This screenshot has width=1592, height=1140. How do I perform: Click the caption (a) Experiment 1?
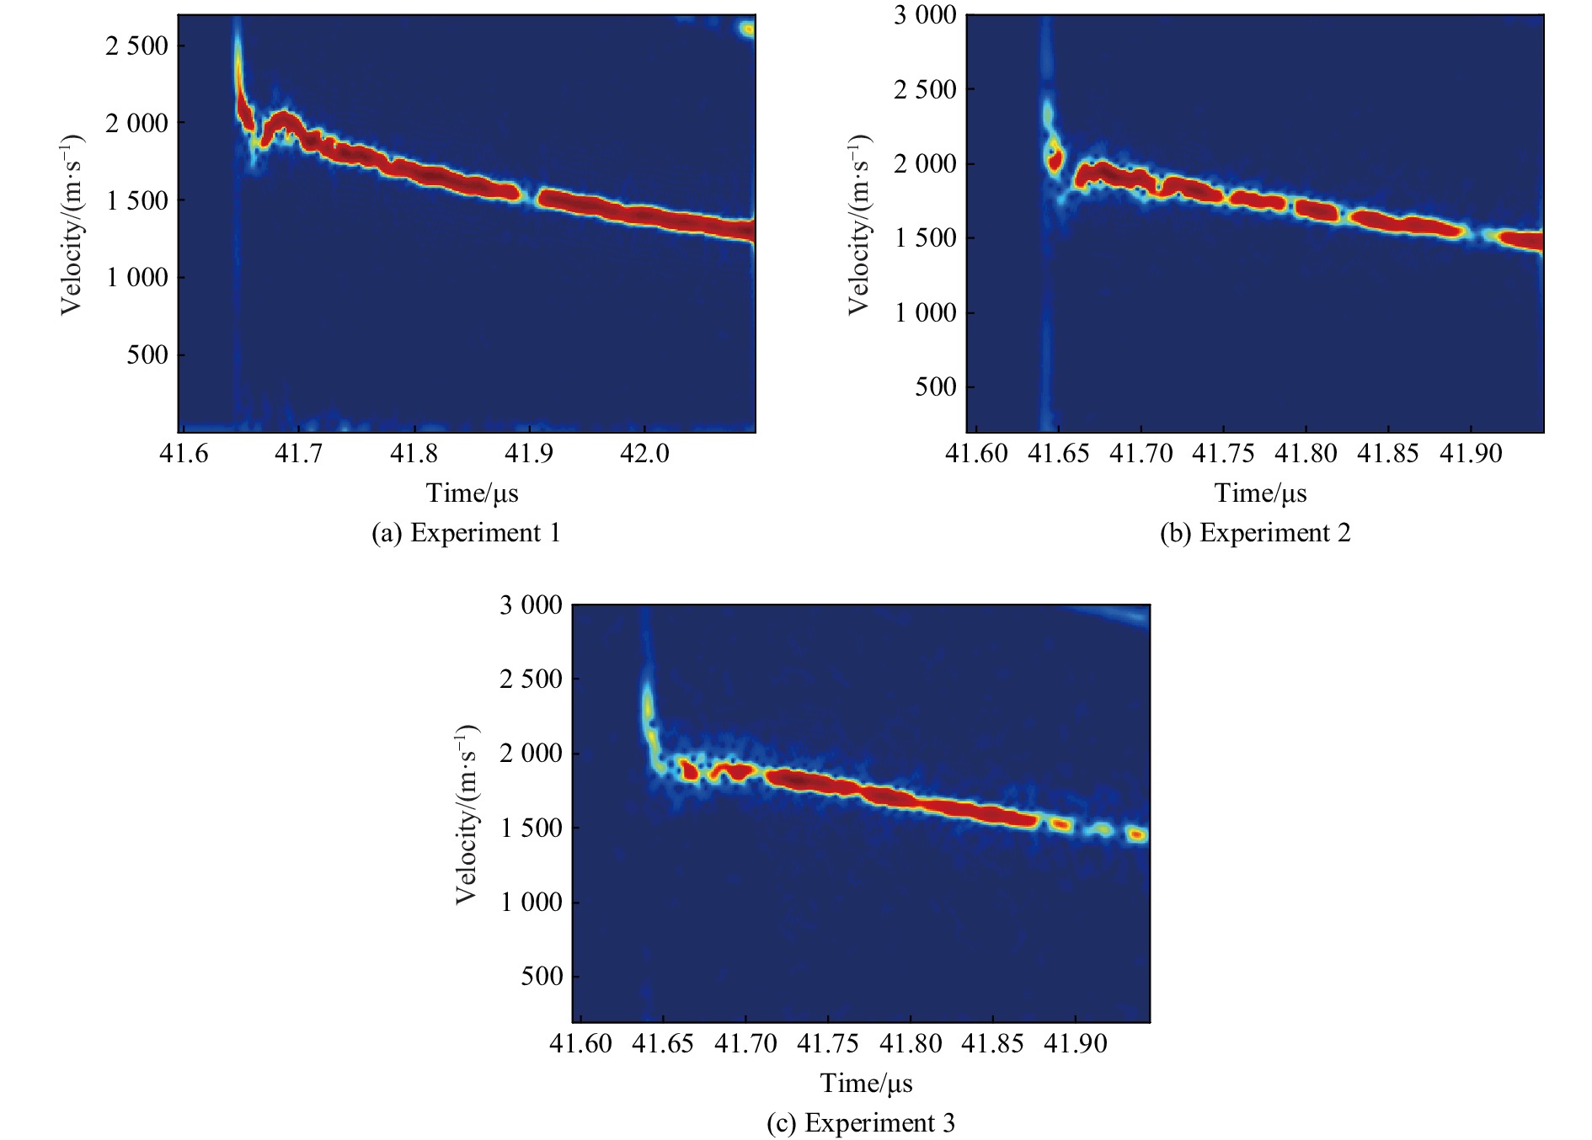(466, 533)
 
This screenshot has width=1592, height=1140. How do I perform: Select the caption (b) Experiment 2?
(1255, 533)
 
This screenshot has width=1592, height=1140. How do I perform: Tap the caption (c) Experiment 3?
(861, 1123)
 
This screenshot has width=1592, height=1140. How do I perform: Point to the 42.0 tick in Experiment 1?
(644, 454)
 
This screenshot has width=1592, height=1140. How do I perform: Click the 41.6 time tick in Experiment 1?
(184, 454)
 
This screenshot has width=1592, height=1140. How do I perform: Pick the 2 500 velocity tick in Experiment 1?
(137, 46)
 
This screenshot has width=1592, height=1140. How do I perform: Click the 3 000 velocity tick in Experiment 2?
(925, 15)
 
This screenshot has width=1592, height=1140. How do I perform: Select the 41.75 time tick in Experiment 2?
(1223, 454)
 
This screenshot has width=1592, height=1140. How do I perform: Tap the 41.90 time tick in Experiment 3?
(1075, 1045)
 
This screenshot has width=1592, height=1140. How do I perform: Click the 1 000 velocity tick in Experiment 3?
(532, 903)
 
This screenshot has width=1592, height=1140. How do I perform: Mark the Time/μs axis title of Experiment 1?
(472, 493)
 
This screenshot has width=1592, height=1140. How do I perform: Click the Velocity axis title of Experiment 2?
(858, 225)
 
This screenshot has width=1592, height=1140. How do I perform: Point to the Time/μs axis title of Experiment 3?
(866, 1084)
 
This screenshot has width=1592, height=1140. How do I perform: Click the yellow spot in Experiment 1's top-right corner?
(747, 29)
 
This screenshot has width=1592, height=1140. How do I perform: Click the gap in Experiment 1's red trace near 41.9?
(531, 197)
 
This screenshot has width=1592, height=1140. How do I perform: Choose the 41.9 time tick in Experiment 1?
(529, 454)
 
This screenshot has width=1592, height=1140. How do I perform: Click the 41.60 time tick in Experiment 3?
(581, 1045)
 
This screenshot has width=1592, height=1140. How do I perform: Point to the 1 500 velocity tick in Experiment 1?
(137, 200)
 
